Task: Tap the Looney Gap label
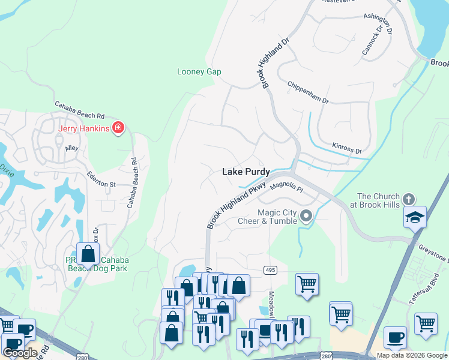(199, 72)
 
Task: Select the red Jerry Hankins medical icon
(118, 128)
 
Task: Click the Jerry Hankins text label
(83, 128)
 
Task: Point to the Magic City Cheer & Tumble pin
(306, 216)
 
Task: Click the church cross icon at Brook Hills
(408, 199)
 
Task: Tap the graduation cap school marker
(415, 217)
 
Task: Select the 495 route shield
(270, 271)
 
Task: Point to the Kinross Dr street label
(347, 148)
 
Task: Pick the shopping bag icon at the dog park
(88, 254)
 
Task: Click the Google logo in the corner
(20, 353)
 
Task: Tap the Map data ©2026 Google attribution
(412, 355)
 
